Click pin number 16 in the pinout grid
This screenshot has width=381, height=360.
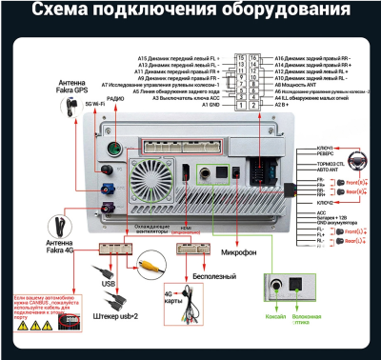(252, 58)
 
